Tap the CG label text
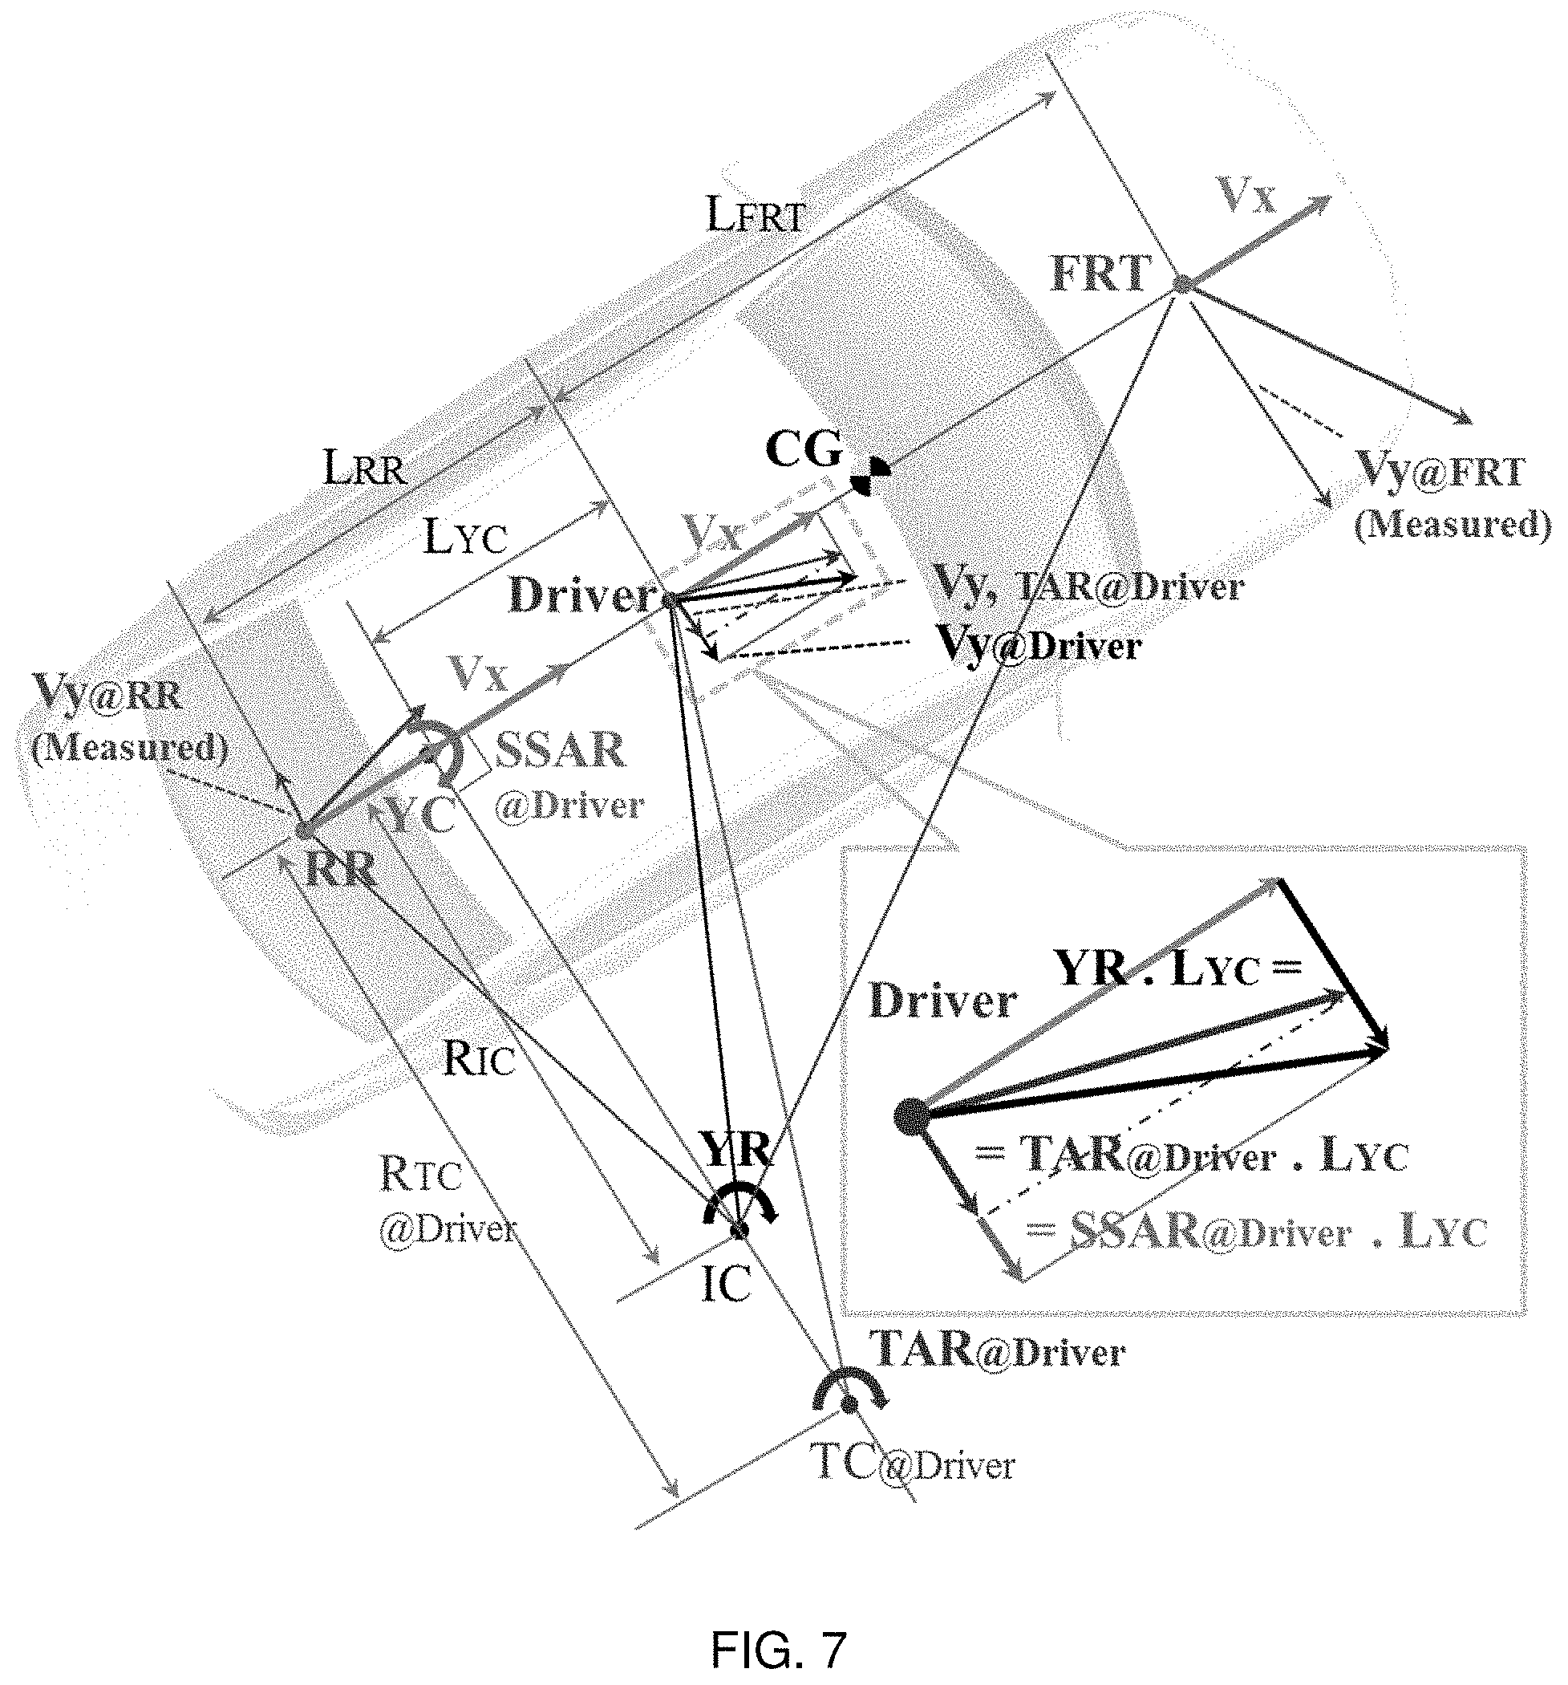[803, 449]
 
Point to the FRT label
[1100, 274]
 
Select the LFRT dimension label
[755, 217]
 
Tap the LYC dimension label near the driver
[465, 537]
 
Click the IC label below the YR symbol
[727, 1285]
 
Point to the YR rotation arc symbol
[739, 1197]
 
